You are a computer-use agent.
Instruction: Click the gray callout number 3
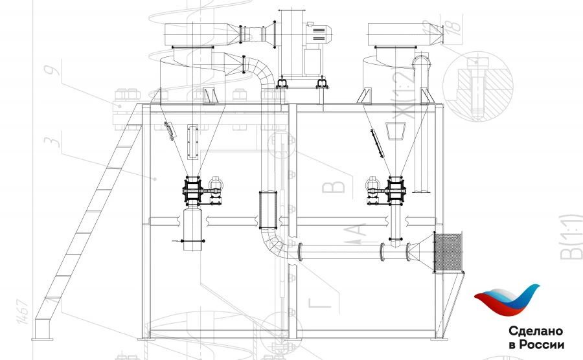coord(58,139)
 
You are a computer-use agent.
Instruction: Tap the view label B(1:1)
coord(572,237)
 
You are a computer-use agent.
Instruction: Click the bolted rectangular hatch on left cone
coord(191,142)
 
